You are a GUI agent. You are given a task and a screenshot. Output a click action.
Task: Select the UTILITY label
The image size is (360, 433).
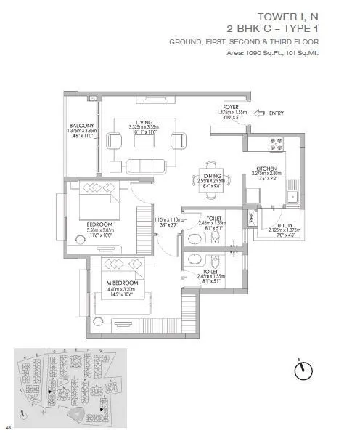(276, 225)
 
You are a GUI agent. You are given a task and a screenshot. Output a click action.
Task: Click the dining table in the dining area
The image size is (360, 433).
(208, 187)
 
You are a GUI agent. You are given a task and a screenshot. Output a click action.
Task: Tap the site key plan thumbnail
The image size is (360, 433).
(70, 384)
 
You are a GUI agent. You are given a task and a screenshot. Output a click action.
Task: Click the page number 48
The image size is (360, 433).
(8, 426)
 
